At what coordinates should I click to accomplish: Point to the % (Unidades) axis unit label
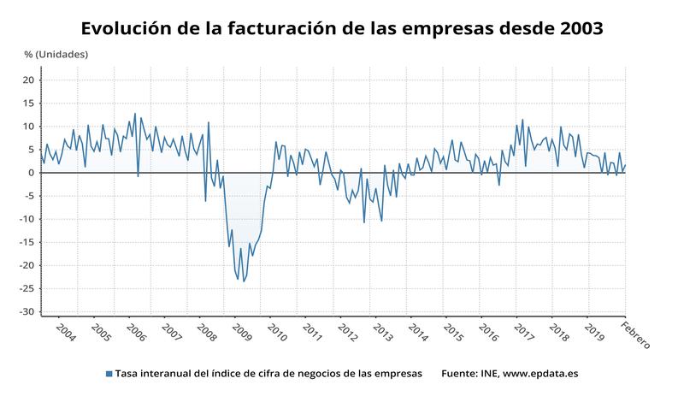click(56, 55)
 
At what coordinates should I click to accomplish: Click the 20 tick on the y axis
click(28, 80)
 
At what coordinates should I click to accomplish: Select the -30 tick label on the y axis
click(26, 311)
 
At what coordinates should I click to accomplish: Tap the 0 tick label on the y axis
click(31, 173)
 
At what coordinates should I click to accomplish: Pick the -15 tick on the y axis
click(26, 242)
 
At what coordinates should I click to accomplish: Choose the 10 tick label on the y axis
click(28, 127)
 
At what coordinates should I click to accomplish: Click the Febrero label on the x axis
click(635, 335)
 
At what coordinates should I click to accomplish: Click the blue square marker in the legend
click(109, 374)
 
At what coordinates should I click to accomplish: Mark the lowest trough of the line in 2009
click(244, 281)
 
